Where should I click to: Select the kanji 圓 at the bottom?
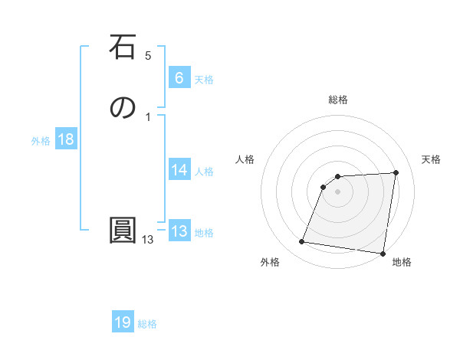[x=123, y=231]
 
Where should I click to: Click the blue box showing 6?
[x=179, y=78]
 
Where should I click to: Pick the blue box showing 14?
[x=179, y=170]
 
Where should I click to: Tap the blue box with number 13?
[x=179, y=232]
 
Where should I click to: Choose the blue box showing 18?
[x=65, y=139]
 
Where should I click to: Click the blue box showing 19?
[x=123, y=322]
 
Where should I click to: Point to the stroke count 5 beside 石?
[x=148, y=56]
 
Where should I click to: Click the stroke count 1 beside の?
[x=148, y=116]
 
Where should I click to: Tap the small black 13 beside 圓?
[x=147, y=240]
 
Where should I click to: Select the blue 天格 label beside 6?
[x=204, y=80]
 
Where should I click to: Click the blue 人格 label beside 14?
[x=204, y=172]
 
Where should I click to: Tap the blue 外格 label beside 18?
[x=41, y=141]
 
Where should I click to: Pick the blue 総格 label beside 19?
[x=147, y=324]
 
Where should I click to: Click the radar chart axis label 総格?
[x=338, y=100]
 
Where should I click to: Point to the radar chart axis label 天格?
[x=431, y=159]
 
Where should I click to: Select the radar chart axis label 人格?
[x=245, y=159]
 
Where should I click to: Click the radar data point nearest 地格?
[x=382, y=254]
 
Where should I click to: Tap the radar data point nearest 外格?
[x=301, y=242]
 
